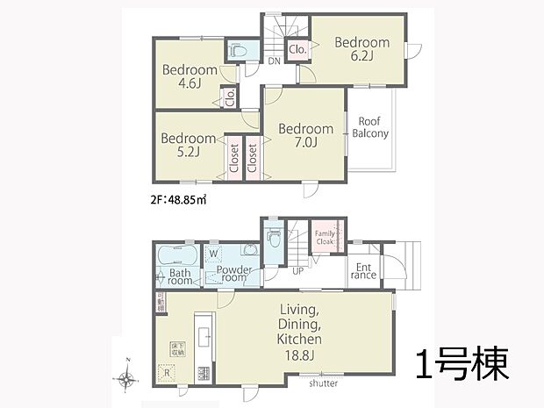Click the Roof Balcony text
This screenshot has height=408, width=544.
point(370,127)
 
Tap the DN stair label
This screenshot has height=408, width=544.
point(274,61)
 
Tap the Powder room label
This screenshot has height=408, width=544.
point(234,275)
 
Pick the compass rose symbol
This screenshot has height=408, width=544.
point(127,379)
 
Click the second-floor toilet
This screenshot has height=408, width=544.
point(235,53)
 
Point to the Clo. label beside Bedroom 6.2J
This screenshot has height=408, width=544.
point(297,50)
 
